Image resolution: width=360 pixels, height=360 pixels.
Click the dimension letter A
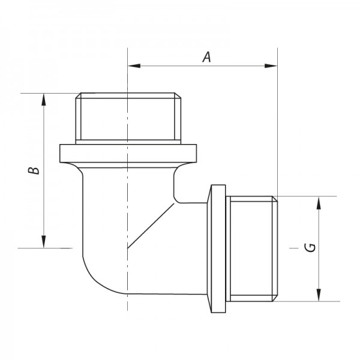coord(206,57)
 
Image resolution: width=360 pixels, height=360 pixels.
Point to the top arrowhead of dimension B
coord(44,98)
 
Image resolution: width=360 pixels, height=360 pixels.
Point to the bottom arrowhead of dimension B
coord(44,242)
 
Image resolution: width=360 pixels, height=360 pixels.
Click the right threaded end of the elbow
coord(252,247)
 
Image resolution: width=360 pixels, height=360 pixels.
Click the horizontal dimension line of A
coord(180,65)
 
